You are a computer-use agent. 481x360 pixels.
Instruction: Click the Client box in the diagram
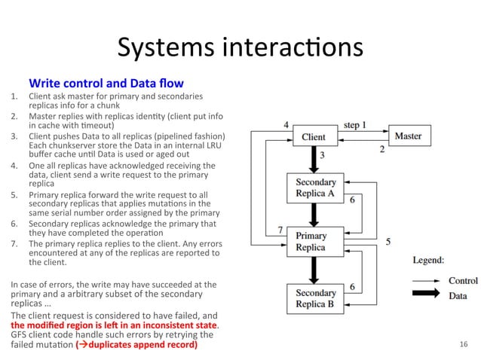[x=314, y=137]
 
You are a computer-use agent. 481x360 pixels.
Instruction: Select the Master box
[x=408, y=136]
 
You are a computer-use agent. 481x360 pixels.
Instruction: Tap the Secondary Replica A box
[x=315, y=188]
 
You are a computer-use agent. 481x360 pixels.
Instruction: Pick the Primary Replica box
[x=311, y=242]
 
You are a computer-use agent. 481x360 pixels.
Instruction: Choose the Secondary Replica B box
[x=315, y=298]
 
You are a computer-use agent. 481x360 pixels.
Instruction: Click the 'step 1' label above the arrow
[x=355, y=124]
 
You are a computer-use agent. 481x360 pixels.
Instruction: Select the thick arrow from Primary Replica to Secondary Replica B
[x=314, y=269]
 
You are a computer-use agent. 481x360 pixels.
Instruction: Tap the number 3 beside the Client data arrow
[x=322, y=154]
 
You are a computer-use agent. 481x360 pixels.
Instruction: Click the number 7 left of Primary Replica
[x=280, y=229]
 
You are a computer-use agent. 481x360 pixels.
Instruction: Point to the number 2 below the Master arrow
[x=381, y=150]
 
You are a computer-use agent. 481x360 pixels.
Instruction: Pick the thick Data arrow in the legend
[x=427, y=296]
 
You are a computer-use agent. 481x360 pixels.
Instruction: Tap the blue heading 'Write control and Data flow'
[x=106, y=82]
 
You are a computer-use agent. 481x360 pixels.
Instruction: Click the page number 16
[x=463, y=344]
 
